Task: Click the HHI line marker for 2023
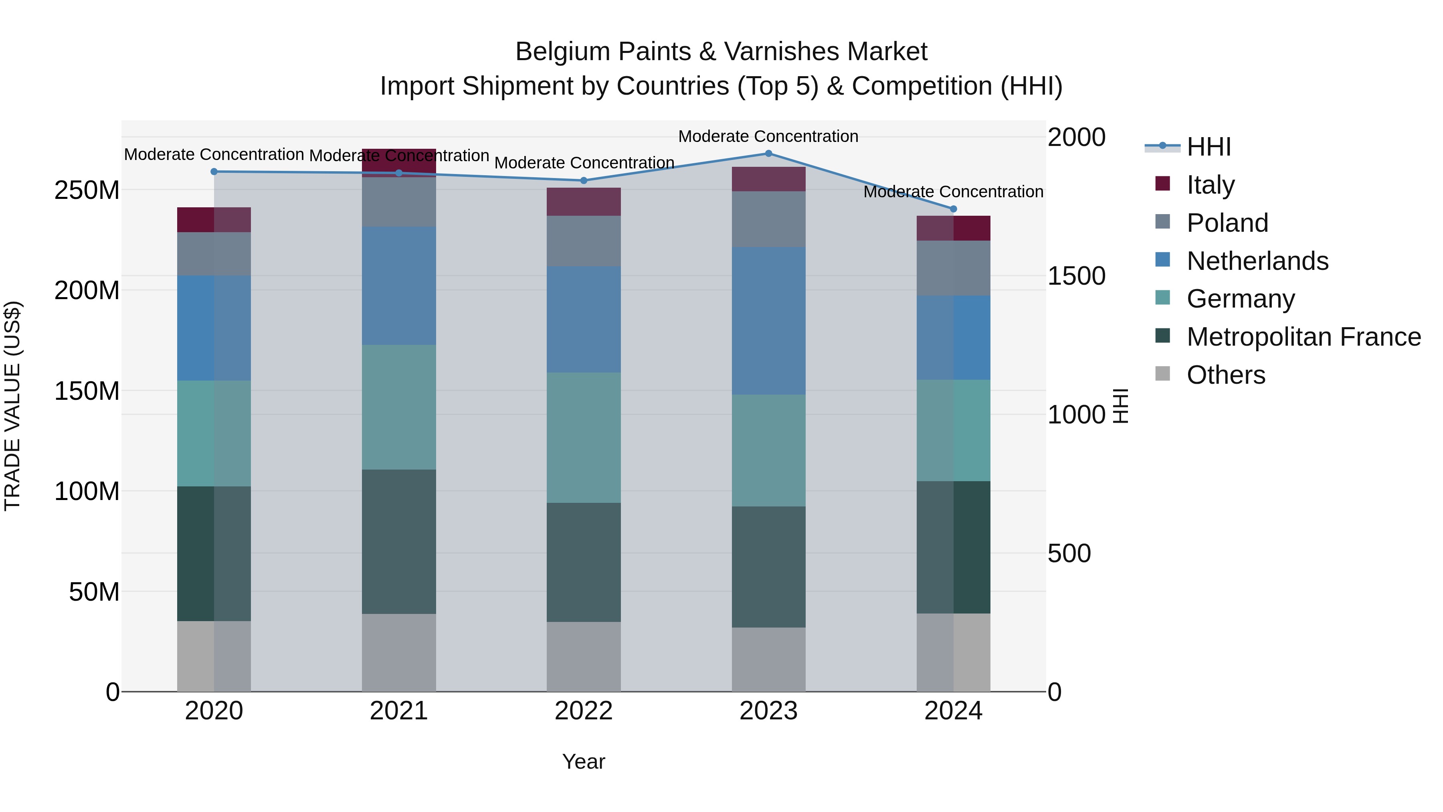coord(768,153)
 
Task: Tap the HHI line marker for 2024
coord(954,209)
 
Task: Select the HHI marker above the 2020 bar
coord(214,172)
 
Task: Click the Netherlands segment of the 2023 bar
coord(768,320)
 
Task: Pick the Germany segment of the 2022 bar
coord(584,437)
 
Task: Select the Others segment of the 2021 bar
coord(399,652)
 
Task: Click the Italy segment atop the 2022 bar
coord(584,202)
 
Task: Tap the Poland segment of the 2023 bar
coord(768,219)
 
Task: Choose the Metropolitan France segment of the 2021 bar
coord(399,541)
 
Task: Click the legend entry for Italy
coord(1210,184)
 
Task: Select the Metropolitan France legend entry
coord(1303,337)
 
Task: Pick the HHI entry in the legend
coord(1208,147)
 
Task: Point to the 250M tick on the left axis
coord(87,190)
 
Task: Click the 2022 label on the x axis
coord(584,711)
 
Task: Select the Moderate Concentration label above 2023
coord(768,136)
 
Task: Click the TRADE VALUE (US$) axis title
coord(12,406)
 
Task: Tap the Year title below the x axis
coord(584,761)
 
